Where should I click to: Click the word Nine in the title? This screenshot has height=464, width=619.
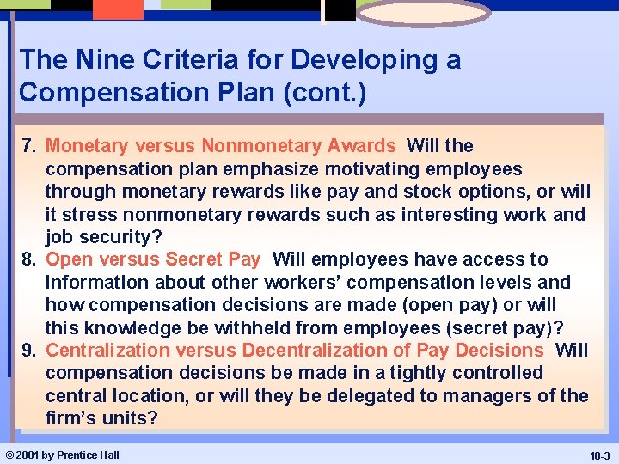pos(95,60)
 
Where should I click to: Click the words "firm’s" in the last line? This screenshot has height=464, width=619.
pos(71,418)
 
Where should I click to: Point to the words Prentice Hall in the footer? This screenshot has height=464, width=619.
pos(88,455)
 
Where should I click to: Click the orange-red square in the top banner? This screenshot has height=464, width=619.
pos(118,9)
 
